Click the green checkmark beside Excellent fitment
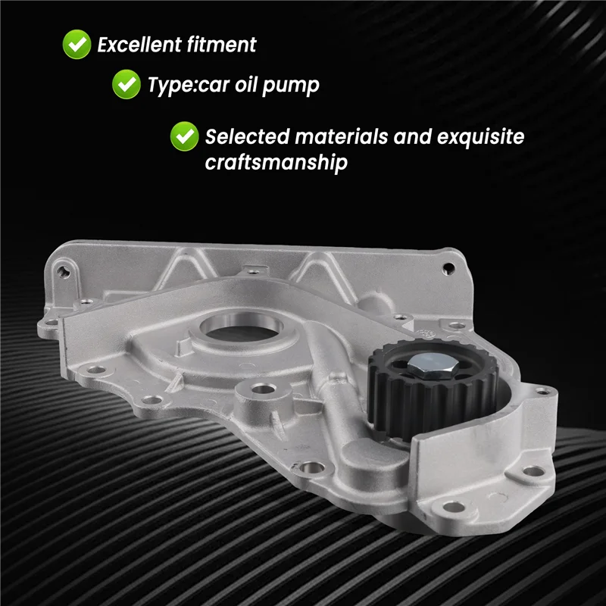77,45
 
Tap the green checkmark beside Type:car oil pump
127,84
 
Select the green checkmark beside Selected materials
184,136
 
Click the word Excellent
139,45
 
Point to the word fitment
221,45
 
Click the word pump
291,86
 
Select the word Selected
248,137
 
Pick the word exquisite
480,138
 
